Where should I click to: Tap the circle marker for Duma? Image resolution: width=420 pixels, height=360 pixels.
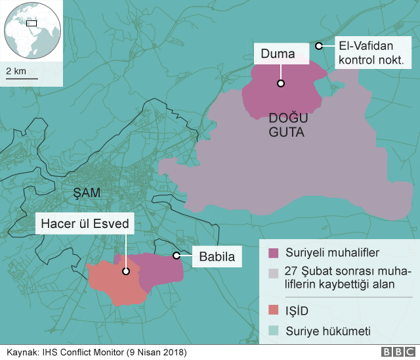coord(280,83)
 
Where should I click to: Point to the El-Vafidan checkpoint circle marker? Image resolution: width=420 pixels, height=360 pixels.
coord(318,46)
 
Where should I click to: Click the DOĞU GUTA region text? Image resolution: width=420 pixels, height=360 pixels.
coord(287,125)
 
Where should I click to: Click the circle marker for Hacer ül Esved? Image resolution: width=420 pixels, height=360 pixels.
coord(125,270)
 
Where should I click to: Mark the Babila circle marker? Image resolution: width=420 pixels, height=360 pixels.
coord(176,256)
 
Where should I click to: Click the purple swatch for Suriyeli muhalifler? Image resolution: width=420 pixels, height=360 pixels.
coord(273,252)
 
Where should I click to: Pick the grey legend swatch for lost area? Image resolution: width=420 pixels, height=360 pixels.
coord(273,272)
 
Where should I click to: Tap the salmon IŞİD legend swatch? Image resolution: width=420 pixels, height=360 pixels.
coord(273,309)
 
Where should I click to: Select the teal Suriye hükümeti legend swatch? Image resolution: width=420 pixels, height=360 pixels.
coord(273,331)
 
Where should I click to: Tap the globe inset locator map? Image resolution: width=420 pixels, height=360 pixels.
coord(32,30)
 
